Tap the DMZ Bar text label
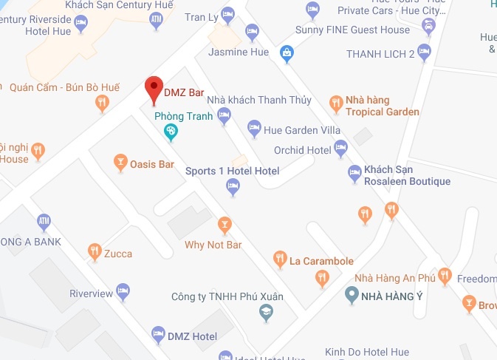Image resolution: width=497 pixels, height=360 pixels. coord(183,93)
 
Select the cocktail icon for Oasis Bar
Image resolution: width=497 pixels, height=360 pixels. coord(120,163)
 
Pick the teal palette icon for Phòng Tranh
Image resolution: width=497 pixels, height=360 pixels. coord(171,132)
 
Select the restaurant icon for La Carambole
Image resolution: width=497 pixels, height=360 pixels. coord(280,259)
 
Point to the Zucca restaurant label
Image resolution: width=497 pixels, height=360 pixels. coord(118,254)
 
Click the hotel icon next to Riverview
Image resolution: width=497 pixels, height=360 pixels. coord(123,291)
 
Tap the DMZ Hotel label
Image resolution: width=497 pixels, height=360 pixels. coord(193,336)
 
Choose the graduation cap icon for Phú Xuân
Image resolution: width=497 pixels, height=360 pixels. coord(264,313)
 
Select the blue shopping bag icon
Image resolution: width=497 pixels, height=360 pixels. coord(286,52)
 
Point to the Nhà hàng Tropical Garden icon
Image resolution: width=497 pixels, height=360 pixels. coord(336,103)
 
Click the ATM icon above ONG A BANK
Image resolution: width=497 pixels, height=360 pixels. coord(44,221)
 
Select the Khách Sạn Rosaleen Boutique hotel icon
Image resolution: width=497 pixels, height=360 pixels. coord(354,174)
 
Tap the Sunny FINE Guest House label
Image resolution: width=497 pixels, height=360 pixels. coord(363,30)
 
